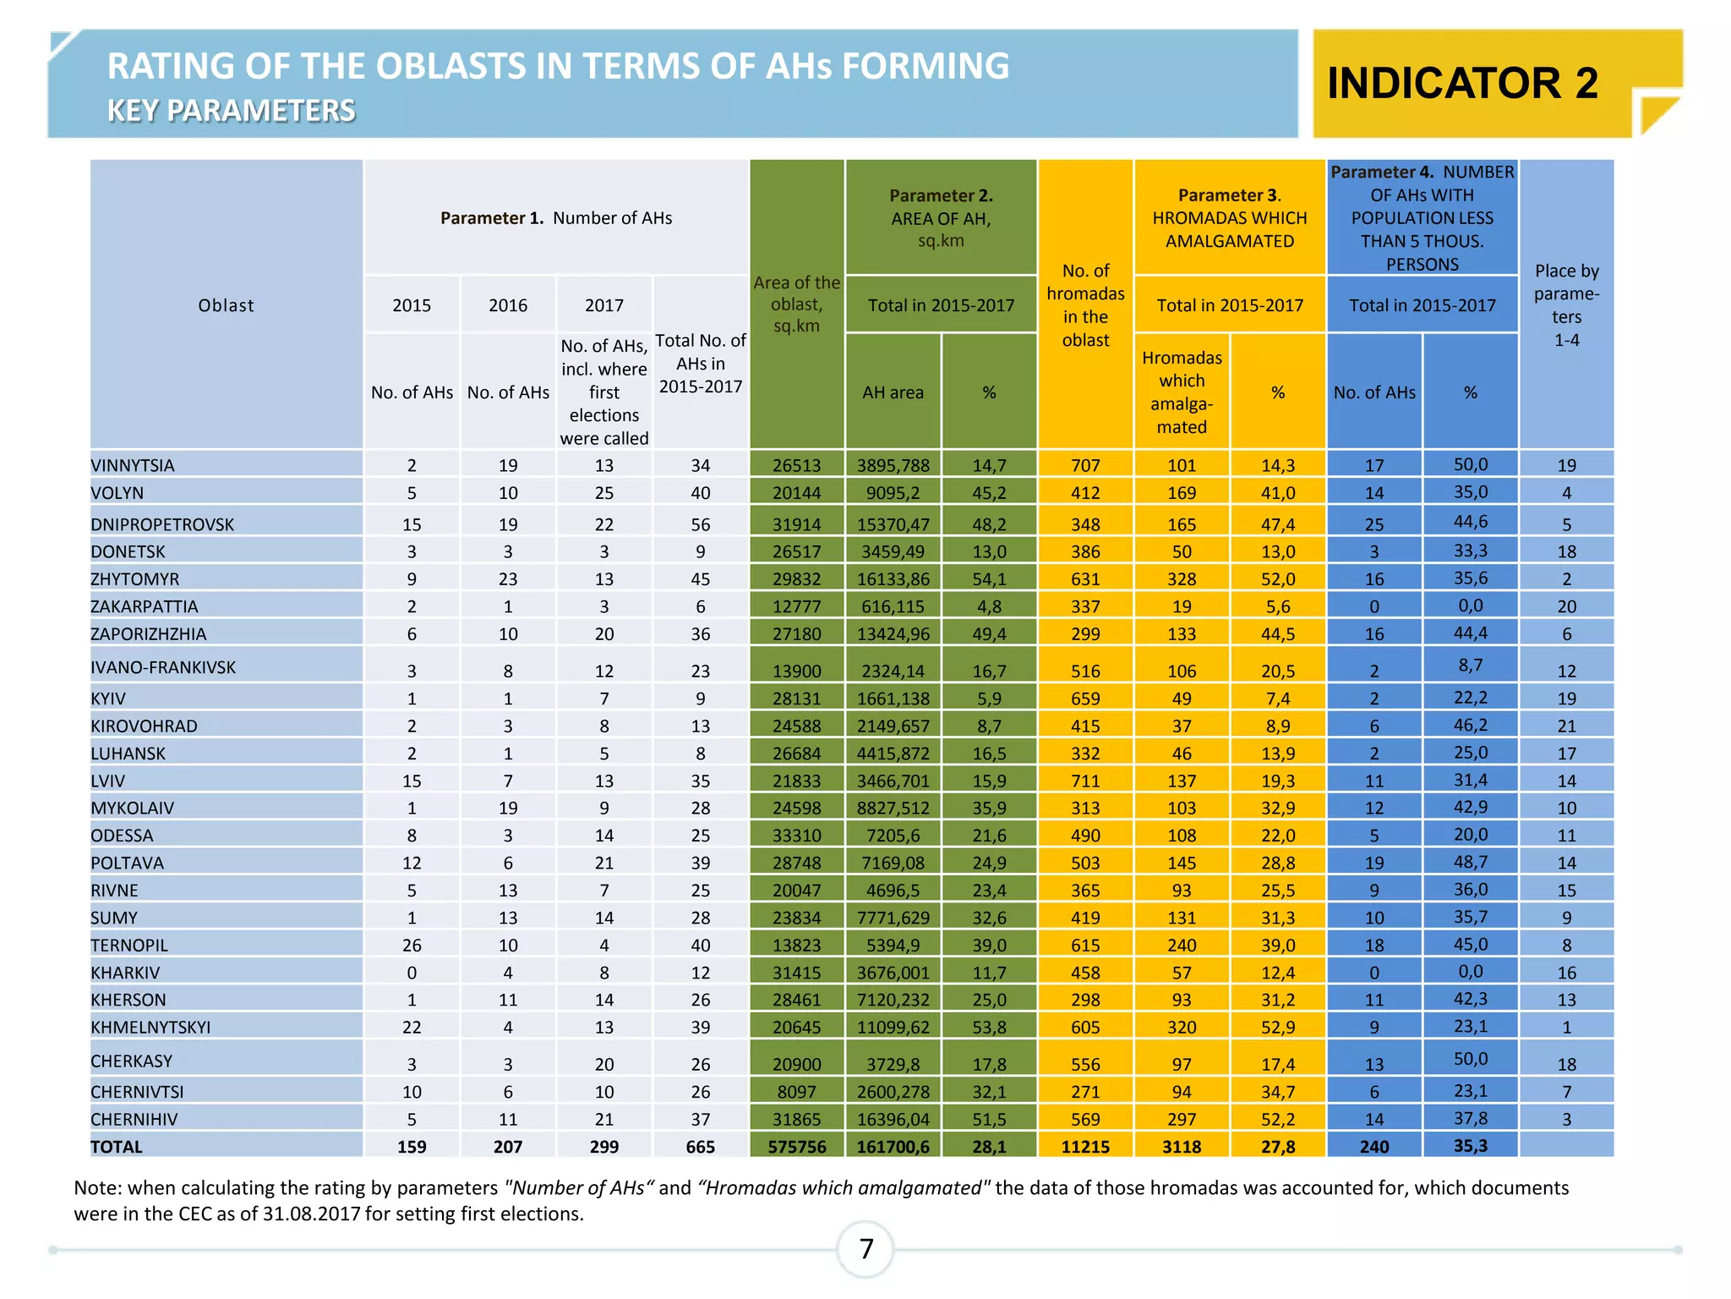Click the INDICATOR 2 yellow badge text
tap(1462, 83)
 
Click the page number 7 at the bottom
tap(865, 1248)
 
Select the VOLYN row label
tap(117, 493)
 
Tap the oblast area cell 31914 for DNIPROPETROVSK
tap(796, 524)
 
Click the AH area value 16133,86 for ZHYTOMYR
tap(893, 579)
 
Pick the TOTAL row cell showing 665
tap(700, 1147)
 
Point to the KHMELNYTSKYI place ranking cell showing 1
tap(1566, 1028)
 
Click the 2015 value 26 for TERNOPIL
tap(412, 945)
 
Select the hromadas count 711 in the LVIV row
tap(1085, 781)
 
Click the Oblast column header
tap(226, 305)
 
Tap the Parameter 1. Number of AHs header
tap(556, 218)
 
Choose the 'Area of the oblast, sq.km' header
tap(796, 304)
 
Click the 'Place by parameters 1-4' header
tap(1566, 305)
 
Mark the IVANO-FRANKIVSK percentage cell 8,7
tap(1470, 665)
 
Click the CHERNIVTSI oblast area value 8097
tap(796, 1092)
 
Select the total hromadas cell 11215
tap(1085, 1147)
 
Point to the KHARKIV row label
tap(125, 973)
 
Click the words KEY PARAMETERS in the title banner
tap(231, 111)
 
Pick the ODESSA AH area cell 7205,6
tap(893, 836)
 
